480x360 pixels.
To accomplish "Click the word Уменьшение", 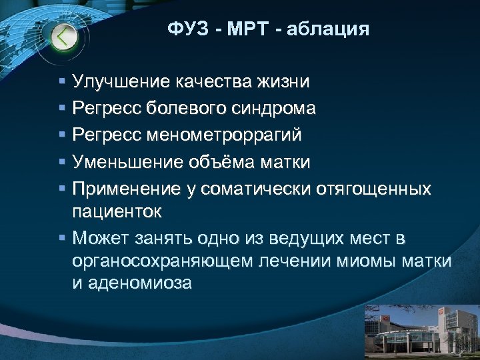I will click(x=126, y=162).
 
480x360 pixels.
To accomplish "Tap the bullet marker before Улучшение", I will click(x=61, y=83).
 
